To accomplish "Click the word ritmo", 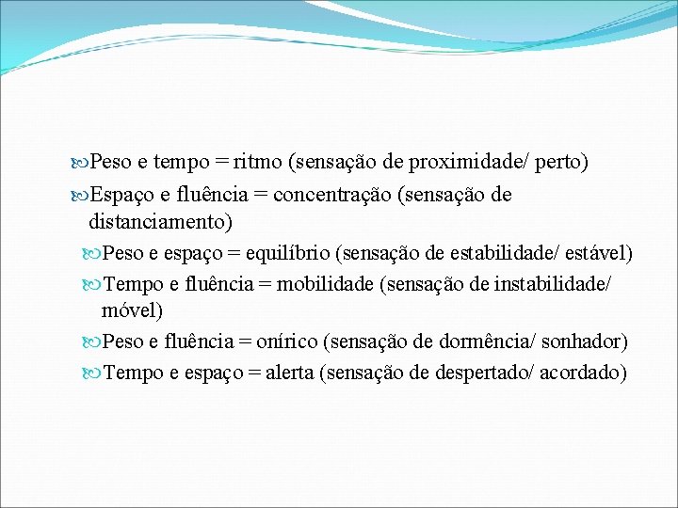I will coord(259,163).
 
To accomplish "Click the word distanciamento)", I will coord(160,222).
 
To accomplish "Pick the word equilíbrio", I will coord(288,253).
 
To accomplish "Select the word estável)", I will coord(598,253).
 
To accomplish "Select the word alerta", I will coord(290,372).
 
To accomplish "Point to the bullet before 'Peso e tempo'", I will coord(79,164).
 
